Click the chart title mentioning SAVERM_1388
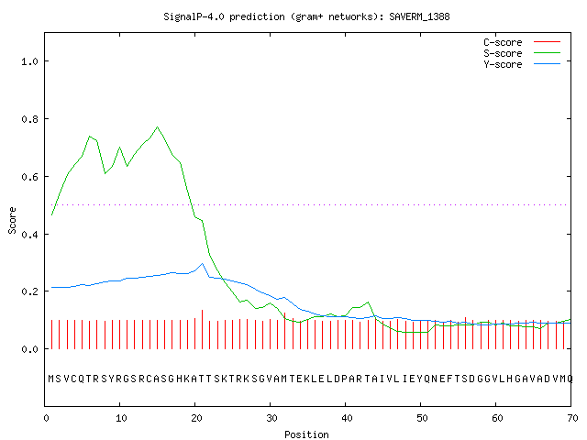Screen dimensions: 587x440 pyautogui.click(x=306, y=16)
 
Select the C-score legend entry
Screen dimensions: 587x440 pyautogui.click(x=522, y=42)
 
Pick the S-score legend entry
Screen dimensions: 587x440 pyautogui.click(x=522, y=53)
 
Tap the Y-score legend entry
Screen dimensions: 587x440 pyautogui.click(x=522, y=64)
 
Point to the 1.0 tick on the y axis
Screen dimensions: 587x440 pyautogui.click(x=30, y=61)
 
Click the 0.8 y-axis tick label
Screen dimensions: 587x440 pyautogui.click(x=30, y=119)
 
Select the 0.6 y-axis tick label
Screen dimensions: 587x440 pyautogui.click(x=30, y=177)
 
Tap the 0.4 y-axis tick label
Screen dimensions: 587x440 pyautogui.click(x=30, y=235)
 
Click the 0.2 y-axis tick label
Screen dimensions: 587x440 pyautogui.click(x=30, y=291)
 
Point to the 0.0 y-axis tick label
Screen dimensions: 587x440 pyautogui.click(x=30, y=349)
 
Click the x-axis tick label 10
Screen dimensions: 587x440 pyautogui.click(x=121, y=418)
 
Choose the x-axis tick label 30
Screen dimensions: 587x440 pyautogui.click(x=271, y=418)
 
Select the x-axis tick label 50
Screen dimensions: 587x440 pyautogui.click(x=422, y=418)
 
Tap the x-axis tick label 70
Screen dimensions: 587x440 pyautogui.click(x=572, y=418)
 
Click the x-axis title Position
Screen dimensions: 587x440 pyautogui.click(x=306, y=434)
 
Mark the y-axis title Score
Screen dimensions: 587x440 pyautogui.click(x=12, y=220)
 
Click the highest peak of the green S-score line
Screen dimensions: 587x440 pyautogui.click(x=157, y=127)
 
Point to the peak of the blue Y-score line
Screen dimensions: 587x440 pyautogui.click(x=202, y=263)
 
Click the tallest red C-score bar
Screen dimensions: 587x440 pyautogui.click(x=202, y=329)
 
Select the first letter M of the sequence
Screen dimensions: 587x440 pyautogui.click(x=51, y=379)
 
